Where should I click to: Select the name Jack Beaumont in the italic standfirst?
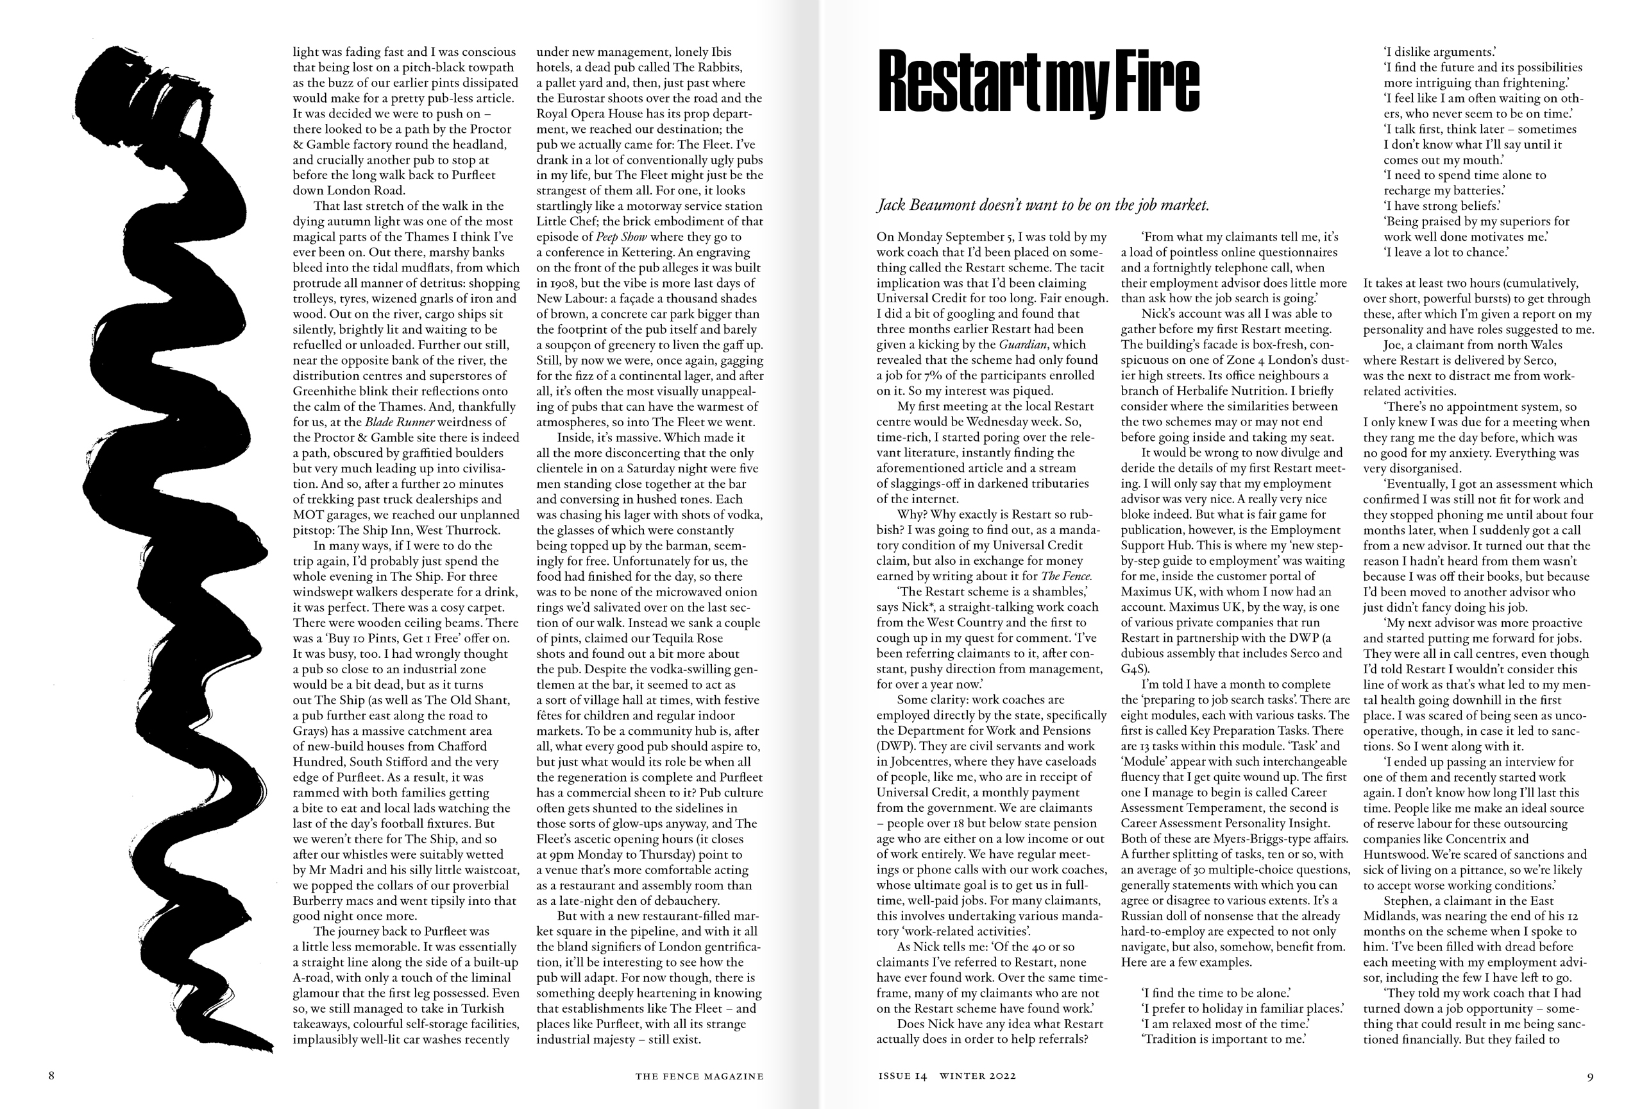click(x=931, y=205)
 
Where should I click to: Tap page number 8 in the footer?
click(x=51, y=1076)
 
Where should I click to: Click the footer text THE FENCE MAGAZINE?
click(x=698, y=1076)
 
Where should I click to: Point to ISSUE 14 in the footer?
click(x=902, y=1076)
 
